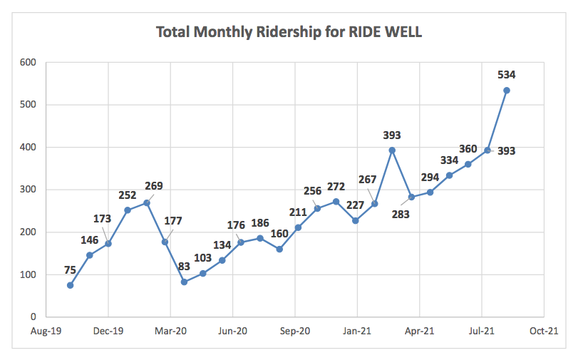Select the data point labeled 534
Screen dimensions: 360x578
coord(507,90)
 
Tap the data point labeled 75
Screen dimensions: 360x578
coord(70,285)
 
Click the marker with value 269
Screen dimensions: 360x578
coord(147,202)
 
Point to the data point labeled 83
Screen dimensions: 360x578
coord(184,282)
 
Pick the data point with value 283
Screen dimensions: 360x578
coord(411,197)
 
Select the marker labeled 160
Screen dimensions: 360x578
coord(279,249)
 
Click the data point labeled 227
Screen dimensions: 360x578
coord(356,220)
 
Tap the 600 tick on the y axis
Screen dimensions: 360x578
coord(29,62)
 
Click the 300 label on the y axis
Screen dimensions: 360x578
coord(29,190)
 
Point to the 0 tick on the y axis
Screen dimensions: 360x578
coord(33,317)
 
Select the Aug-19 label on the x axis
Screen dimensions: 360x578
coord(46,331)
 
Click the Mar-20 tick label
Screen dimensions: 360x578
coord(170,331)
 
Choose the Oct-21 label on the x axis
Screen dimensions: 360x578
coord(543,331)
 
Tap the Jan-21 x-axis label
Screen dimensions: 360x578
coord(357,331)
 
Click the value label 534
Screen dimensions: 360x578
coord(507,74)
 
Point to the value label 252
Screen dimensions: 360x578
coord(128,194)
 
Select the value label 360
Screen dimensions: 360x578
coord(468,148)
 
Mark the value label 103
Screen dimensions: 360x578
coord(203,257)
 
